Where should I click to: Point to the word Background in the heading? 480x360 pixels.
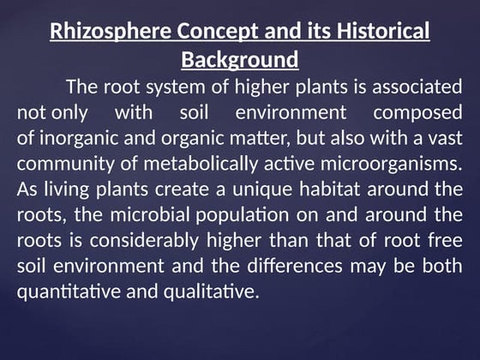[240, 61]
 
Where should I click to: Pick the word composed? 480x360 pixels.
[417, 113]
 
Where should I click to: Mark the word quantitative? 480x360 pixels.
[68, 292]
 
